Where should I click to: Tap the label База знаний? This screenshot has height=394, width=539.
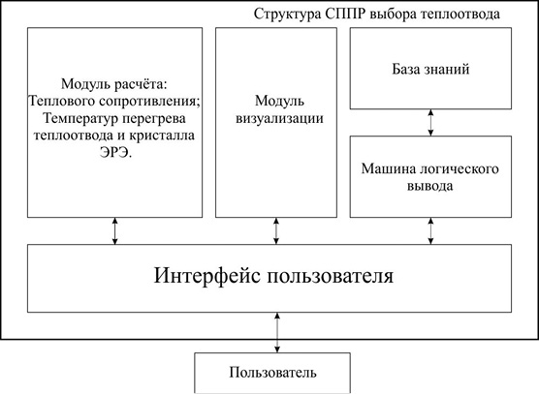[x=430, y=69]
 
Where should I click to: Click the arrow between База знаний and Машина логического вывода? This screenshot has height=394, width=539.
[x=430, y=123]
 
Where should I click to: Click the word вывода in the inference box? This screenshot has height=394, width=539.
[x=430, y=186]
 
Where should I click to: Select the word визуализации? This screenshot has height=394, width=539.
[x=279, y=118]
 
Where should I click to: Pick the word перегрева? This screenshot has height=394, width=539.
[x=153, y=119]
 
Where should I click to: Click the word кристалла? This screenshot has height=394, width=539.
[x=162, y=135]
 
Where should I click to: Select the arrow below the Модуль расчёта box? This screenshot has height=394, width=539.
[x=114, y=231]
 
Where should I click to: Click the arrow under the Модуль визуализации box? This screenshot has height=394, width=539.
[x=276, y=231]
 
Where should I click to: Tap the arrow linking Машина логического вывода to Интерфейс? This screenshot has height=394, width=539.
[x=430, y=231]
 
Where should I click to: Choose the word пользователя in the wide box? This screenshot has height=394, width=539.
[x=331, y=276]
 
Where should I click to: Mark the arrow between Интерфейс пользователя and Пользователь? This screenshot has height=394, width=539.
[x=277, y=333]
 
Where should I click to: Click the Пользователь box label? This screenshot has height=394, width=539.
[x=272, y=373]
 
